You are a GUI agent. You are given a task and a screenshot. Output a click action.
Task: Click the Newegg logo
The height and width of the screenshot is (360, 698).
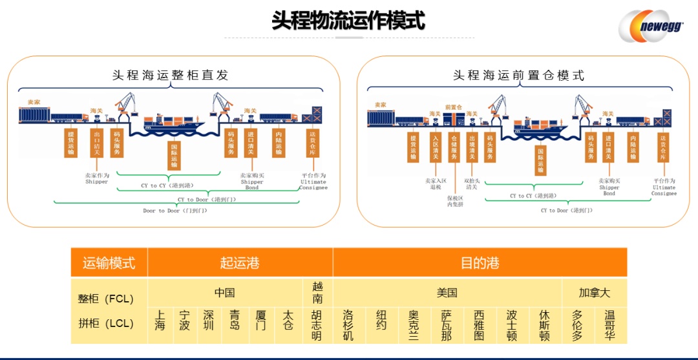653,26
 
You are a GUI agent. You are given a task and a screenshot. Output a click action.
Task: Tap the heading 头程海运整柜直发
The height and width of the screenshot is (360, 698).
171,75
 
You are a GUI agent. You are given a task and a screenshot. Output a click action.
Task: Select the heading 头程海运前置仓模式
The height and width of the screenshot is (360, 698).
518,75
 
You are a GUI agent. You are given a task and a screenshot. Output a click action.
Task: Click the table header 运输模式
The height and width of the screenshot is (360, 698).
109,263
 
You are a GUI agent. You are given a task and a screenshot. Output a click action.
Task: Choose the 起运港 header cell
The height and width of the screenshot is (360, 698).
240,263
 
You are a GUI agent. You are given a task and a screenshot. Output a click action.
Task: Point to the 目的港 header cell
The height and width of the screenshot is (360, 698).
480,263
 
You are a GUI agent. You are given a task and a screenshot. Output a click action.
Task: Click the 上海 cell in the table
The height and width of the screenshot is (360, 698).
160,321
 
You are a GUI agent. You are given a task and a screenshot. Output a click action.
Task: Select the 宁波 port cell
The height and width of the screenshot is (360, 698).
185,321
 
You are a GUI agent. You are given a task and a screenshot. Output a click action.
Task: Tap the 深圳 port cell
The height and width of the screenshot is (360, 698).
209,321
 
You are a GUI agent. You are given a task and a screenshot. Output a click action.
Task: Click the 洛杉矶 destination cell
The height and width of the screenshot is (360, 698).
348,325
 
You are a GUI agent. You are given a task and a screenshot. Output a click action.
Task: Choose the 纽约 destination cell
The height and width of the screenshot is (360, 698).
381,321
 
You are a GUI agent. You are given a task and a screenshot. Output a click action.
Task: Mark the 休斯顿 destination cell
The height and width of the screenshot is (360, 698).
544,325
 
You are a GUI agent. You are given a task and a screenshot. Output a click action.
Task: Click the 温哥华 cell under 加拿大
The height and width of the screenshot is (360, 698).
609,325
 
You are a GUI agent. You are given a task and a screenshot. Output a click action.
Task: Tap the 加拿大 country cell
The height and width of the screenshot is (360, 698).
594,293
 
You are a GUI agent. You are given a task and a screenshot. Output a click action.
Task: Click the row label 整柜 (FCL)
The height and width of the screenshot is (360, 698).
106,299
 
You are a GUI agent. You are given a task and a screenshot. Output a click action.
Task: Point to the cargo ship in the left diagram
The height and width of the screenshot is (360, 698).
173,122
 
